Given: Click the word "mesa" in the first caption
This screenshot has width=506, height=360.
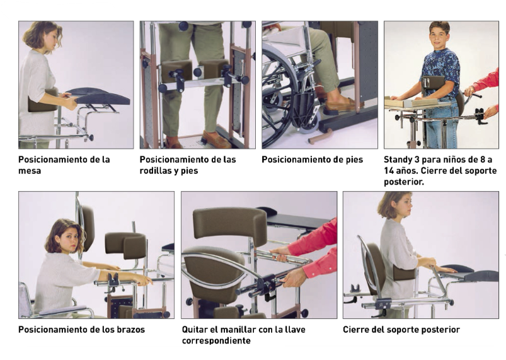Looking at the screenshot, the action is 30,171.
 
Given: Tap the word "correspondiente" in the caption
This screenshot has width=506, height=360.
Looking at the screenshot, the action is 216,340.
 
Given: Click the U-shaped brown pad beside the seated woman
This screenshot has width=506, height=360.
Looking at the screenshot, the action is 125,244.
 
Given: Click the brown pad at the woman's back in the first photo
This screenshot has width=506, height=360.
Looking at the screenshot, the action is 43,101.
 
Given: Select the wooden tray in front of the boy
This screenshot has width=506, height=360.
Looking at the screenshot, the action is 417,102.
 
